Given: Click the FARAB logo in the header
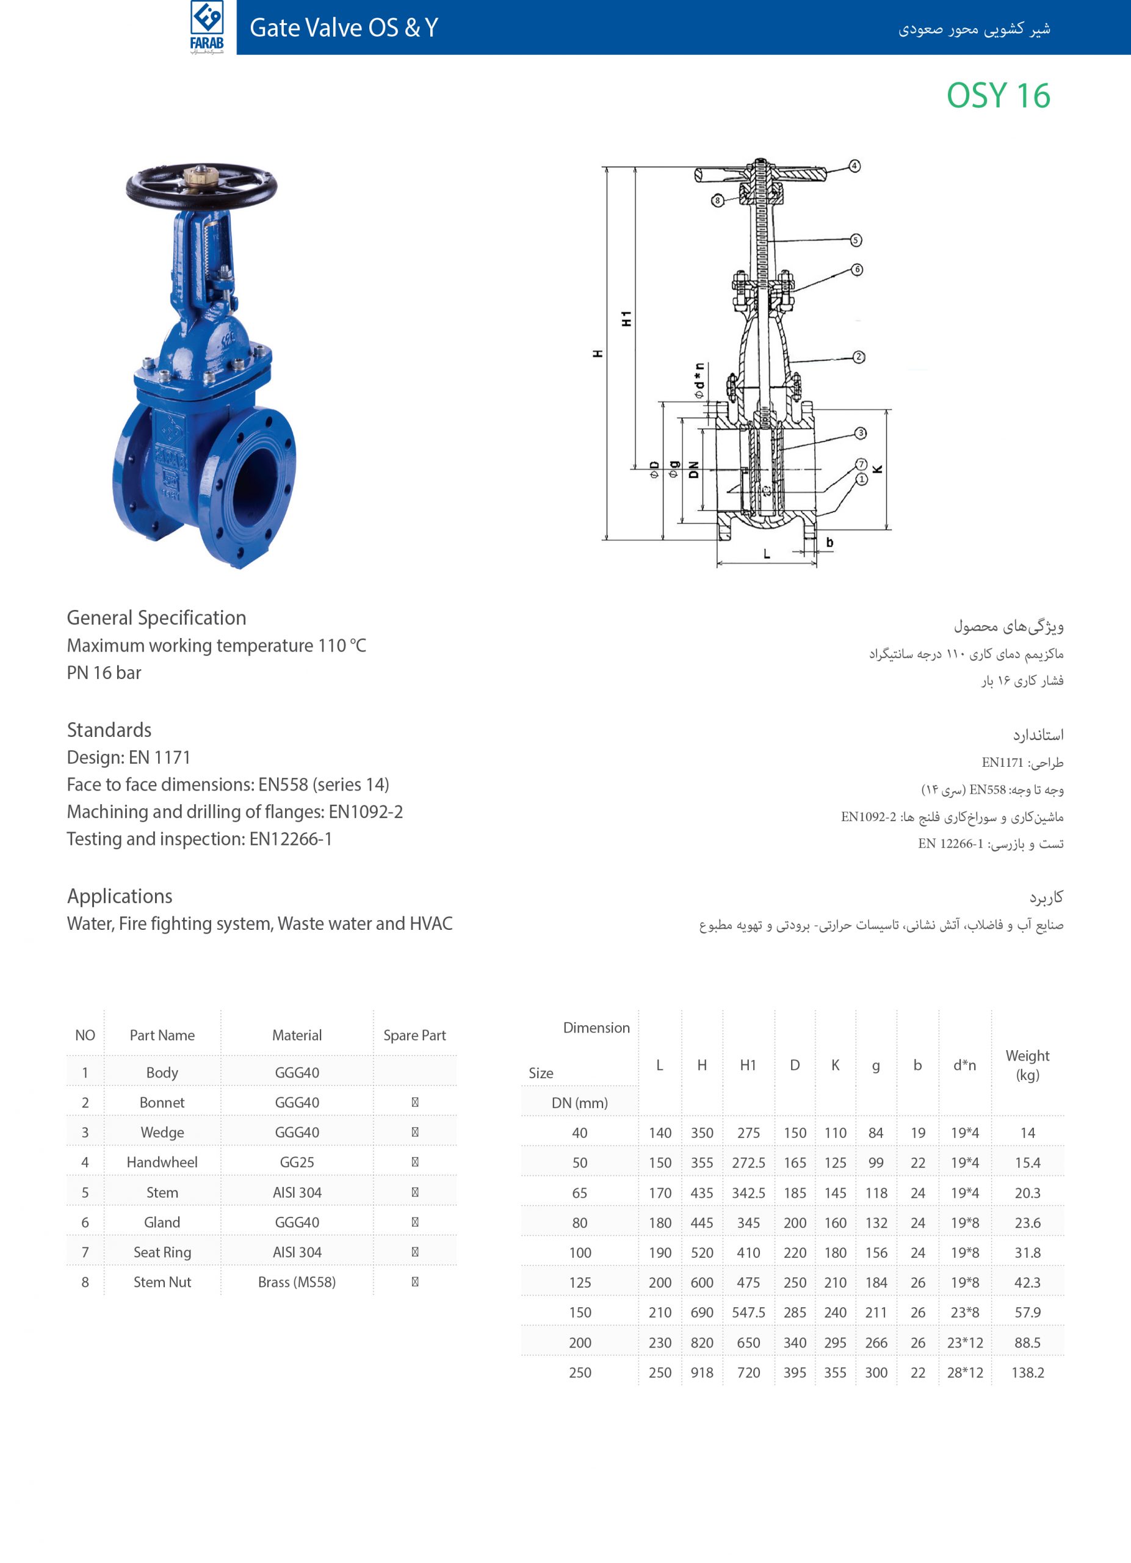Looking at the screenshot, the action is (207, 27).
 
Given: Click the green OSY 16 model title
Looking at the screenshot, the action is (998, 96).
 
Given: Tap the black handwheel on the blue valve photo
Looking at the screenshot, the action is (201, 186).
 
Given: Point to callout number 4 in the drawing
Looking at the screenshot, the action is (854, 166).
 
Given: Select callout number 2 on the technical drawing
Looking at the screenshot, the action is (858, 357).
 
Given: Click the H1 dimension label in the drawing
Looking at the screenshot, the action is (626, 318).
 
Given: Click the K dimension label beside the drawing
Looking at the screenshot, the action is (878, 470).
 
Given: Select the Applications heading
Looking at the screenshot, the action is (120, 896).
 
